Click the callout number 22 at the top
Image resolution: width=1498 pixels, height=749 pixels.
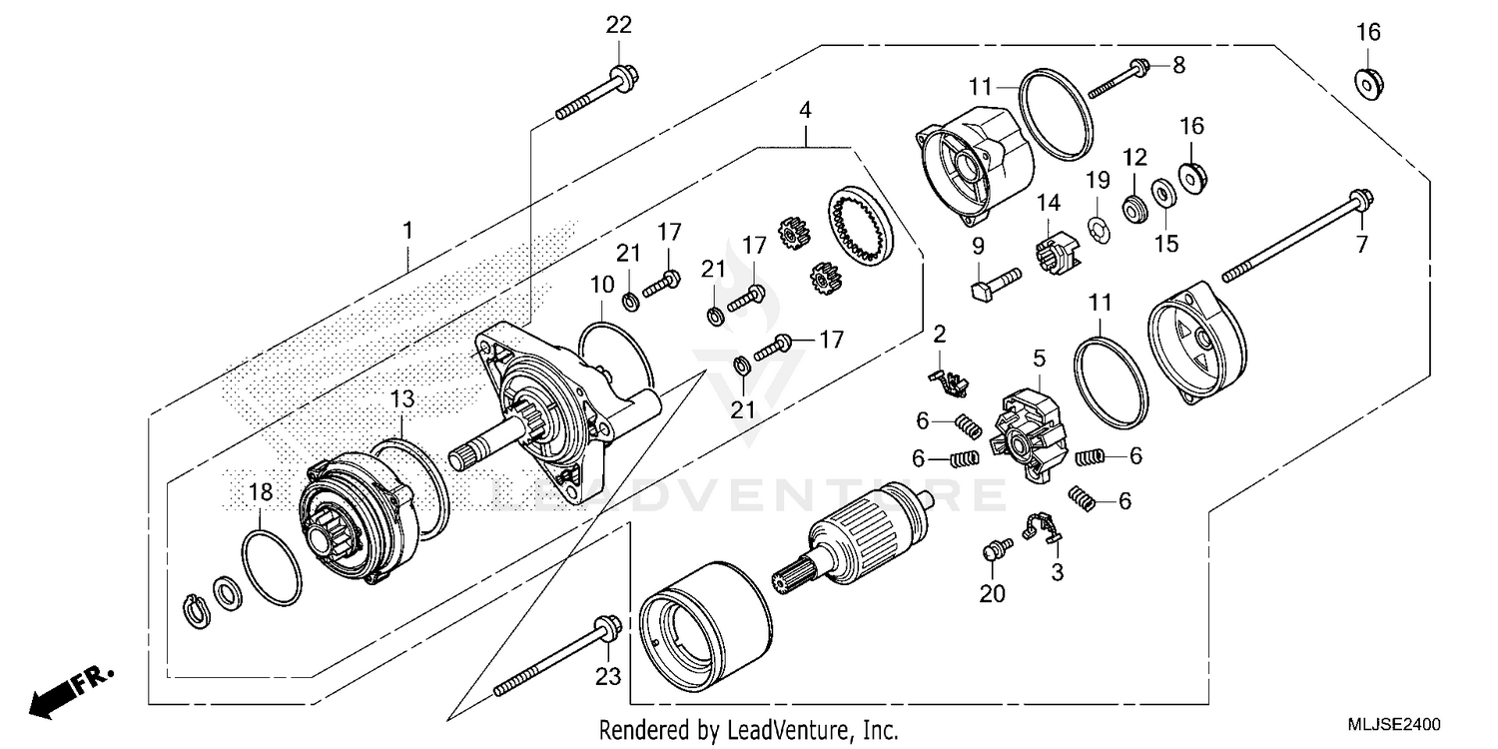click(619, 25)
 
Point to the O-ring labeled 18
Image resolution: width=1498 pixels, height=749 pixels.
click(272, 567)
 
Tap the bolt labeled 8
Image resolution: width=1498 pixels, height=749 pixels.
click(1120, 79)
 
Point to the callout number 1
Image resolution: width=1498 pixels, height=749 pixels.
click(407, 231)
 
